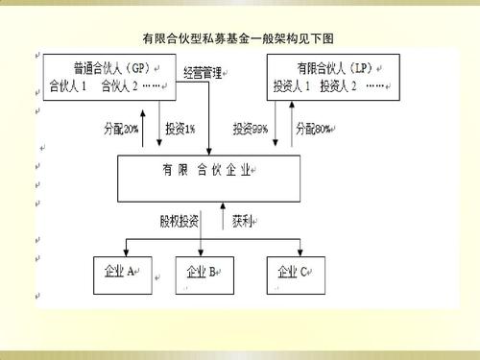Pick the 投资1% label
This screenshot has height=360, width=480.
pyautogui.click(x=180, y=127)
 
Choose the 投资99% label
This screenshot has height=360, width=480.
pyautogui.click(x=251, y=127)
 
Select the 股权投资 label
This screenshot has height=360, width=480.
pyautogui.click(x=180, y=220)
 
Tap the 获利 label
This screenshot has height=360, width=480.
pyautogui.click(x=243, y=220)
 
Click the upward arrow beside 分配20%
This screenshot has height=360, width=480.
pyautogui.click(x=144, y=127)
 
